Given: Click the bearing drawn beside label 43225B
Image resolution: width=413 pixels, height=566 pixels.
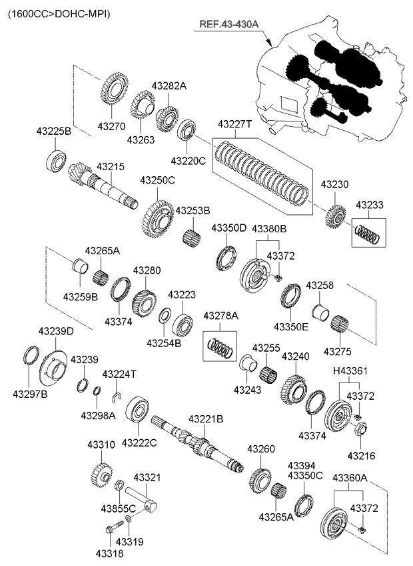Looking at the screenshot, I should tap(56, 160).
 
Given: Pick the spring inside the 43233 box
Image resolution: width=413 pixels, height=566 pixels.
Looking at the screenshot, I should tap(366, 233).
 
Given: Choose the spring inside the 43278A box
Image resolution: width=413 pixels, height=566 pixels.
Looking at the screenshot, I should tap(220, 346).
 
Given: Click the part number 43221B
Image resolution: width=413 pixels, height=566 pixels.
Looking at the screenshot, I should tap(206, 419).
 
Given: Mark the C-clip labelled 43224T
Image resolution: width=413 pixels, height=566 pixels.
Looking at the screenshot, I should tap(117, 399).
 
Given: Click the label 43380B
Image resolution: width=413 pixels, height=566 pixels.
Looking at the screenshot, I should tap(269, 228).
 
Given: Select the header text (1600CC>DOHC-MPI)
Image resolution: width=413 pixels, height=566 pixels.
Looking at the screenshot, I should tap(59, 13).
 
